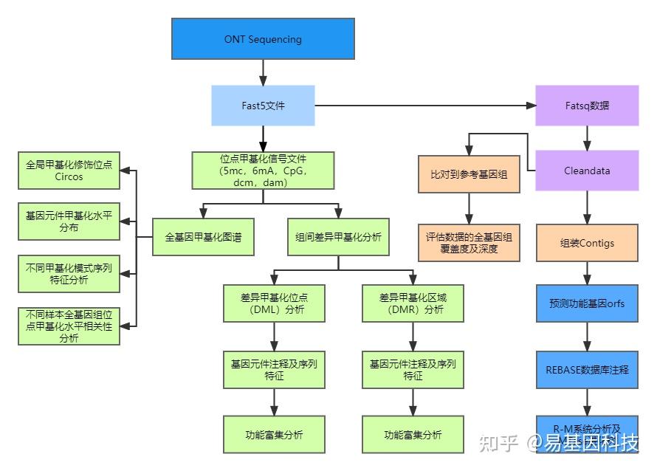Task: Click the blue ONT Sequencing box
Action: point(263,38)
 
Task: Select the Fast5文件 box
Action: point(263,106)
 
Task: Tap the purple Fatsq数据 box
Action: point(587,106)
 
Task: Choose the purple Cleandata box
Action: point(587,171)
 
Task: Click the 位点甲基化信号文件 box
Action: point(263,171)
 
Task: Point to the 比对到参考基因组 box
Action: point(468,176)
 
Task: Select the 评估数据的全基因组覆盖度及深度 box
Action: point(468,243)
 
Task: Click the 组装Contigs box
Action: point(587,243)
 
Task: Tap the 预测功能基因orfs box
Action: point(587,303)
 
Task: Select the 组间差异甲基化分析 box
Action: point(338,237)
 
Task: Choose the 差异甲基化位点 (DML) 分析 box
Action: point(274,303)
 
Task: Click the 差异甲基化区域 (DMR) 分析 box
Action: point(413,303)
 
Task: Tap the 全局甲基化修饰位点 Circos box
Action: point(69,171)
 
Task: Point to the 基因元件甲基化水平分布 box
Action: point(69,221)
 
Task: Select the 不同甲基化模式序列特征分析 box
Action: point(69,274)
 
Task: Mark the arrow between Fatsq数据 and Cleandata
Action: point(587,138)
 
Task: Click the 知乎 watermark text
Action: point(499,443)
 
